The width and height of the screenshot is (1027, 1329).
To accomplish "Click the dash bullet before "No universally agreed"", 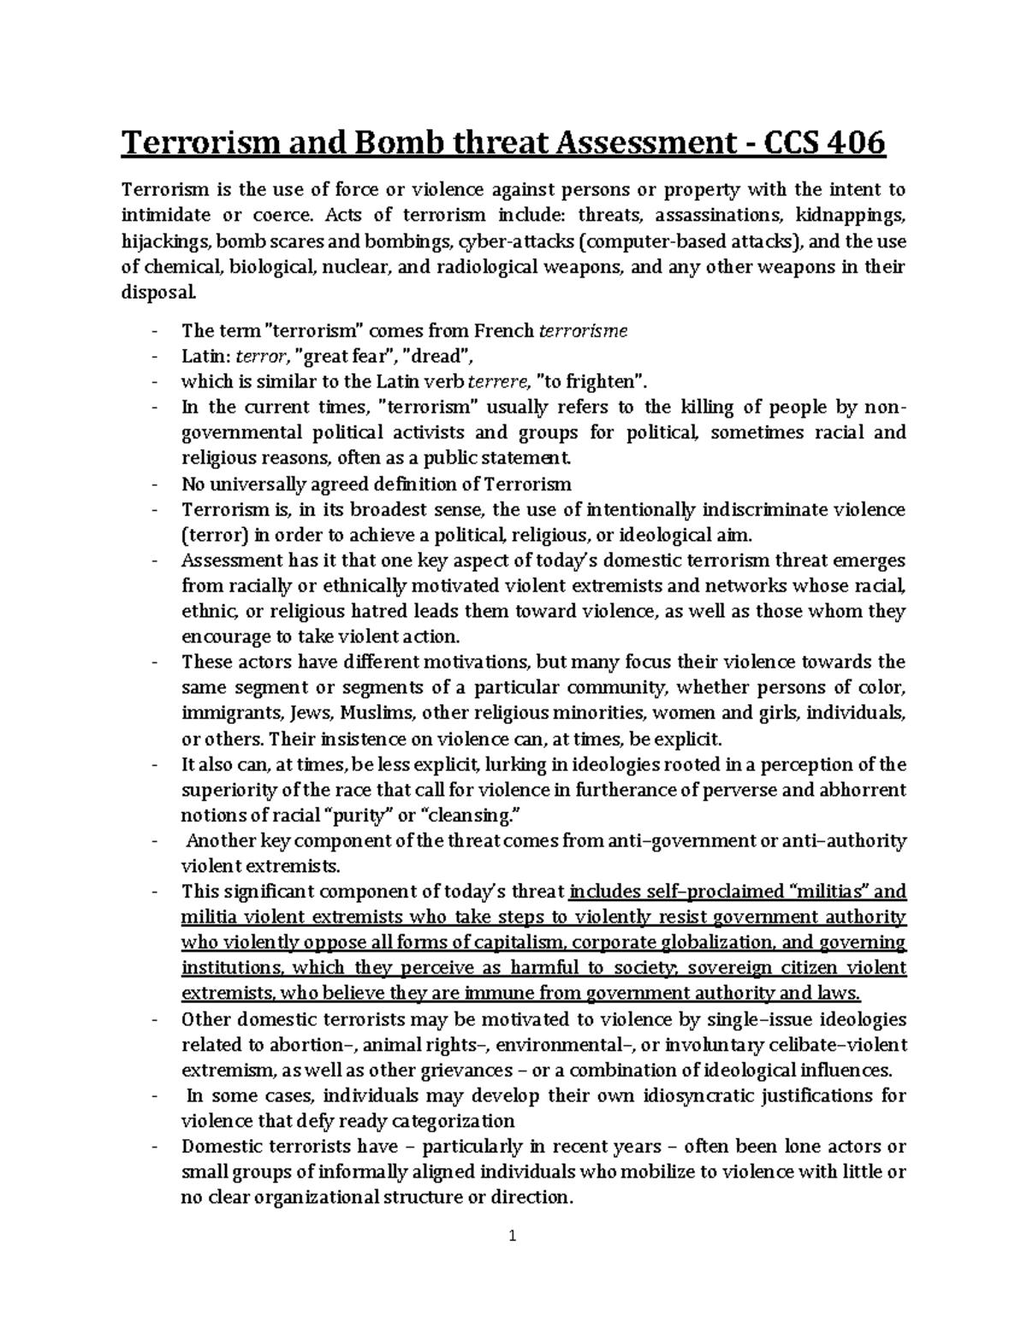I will (x=153, y=484).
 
